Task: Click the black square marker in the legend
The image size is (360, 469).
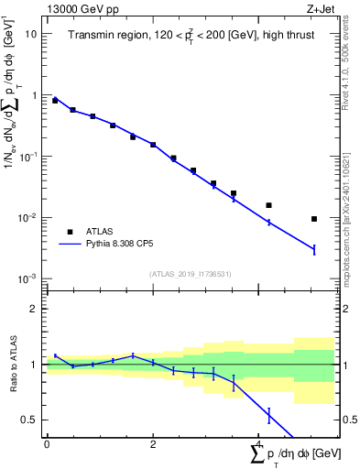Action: (x=69, y=232)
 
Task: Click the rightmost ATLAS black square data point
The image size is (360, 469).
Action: (x=314, y=219)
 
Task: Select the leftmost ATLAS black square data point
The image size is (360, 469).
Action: (x=55, y=101)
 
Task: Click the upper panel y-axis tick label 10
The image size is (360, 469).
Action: (x=30, y=34)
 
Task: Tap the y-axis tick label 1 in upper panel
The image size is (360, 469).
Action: (x=34, y=95)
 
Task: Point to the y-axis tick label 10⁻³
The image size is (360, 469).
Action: (x=28, y=279)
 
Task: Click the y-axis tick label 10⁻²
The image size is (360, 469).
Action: (x=28, y=218)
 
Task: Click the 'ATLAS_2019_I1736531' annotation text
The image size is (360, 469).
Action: (x=191, y=274)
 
